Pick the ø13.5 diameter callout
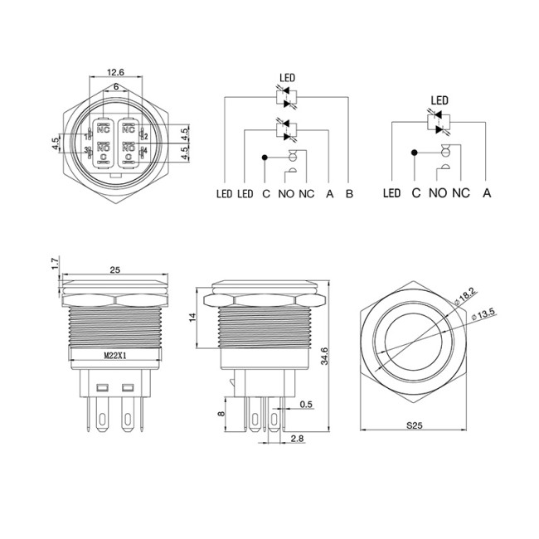point(483,313)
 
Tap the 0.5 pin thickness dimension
point(306,405)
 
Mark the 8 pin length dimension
point(219,412)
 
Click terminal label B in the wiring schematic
point(349,194)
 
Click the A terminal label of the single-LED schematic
point(488,194)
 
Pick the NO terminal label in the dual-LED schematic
point(285,194)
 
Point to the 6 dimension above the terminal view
point(115,87)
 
